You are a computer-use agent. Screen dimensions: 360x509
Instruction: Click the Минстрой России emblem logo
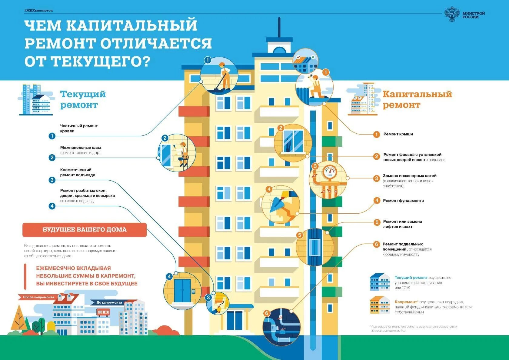[452, 14]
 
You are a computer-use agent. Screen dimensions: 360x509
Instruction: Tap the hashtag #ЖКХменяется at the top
[38, 11]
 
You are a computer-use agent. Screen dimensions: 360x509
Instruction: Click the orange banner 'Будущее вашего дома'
[85, 230]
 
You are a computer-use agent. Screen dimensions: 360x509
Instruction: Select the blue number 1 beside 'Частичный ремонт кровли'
[52, 136]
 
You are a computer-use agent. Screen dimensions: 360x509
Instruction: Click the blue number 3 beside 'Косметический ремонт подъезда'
[52, 180]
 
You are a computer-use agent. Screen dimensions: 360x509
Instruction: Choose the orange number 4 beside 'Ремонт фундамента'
[377, 200]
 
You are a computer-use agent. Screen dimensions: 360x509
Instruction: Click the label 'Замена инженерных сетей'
[410, 176]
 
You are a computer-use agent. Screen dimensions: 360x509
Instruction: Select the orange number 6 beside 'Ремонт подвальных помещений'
[376, 244]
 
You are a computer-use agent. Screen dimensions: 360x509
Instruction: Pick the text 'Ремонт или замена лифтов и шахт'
[402, 224]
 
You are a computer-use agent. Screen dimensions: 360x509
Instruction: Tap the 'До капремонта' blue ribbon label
[109, 302]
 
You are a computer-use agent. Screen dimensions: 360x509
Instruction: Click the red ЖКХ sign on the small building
[103, 312]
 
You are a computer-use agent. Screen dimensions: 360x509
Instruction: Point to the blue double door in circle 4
[182, 290]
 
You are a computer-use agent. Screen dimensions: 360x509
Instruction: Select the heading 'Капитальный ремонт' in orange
[417, 99]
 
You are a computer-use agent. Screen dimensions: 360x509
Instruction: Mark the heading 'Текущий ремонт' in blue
[83, 99]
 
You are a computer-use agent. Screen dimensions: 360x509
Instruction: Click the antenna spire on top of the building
[279, 27]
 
